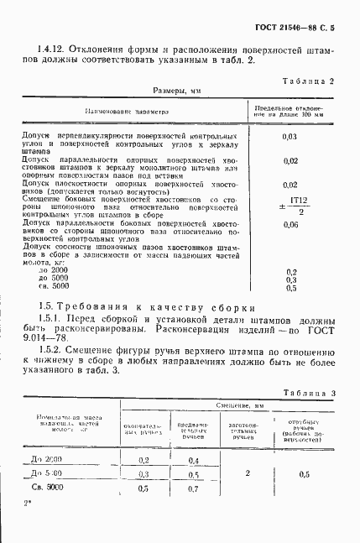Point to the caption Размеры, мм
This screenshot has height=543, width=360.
[x=179, y=89]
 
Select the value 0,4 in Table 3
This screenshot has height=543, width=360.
[x=194, y=461]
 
